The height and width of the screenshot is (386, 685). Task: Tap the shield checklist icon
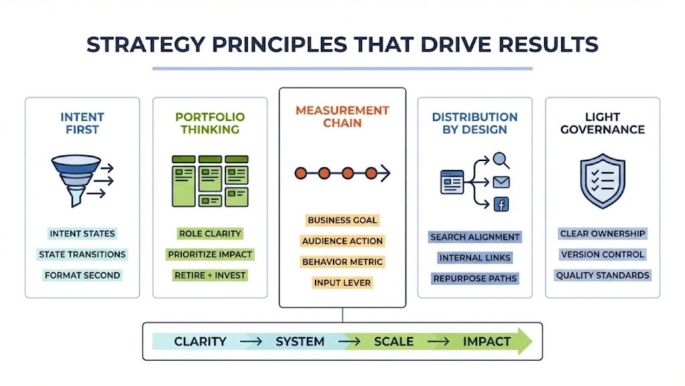coord(603,180)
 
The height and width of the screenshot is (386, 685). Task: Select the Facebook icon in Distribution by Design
coord(501,204)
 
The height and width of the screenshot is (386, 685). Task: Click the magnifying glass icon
coord(500,160)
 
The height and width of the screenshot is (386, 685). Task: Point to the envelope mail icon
coord(501,182)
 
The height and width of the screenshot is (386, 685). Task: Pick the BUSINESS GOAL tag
coord(342,220)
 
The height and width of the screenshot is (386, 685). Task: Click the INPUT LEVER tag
coord(342,283)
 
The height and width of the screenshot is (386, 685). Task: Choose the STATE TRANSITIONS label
coord(82,254)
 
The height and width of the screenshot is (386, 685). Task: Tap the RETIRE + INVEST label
coord(209,275)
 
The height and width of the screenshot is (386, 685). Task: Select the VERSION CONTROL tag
coord(603,254)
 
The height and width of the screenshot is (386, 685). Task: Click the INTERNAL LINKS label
coord(475,258)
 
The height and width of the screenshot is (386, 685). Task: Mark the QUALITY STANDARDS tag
coord(603,275)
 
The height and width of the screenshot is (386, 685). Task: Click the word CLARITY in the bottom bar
coord(200,341)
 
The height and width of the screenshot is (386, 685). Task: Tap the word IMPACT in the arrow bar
coord(487,341)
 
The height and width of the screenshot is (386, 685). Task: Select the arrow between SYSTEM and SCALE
coord(349,341)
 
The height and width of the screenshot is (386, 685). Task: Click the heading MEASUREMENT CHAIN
coord(342,117)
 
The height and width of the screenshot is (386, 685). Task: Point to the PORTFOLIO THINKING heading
coord(209,123)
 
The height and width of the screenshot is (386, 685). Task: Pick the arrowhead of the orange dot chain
coord(385,174)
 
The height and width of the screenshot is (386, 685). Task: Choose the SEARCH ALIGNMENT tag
coord(475,237)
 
